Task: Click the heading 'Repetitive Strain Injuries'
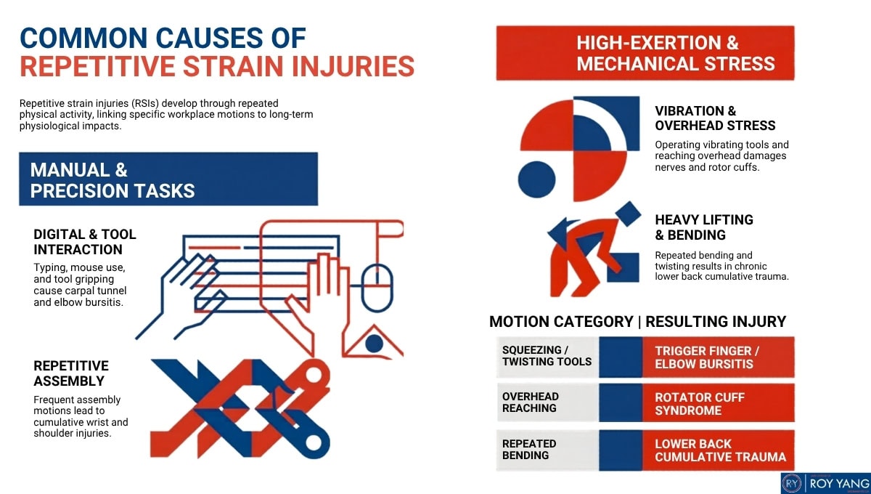[x=217, y=65]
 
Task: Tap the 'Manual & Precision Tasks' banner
[x=168, y=179]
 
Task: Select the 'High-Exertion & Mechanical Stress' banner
[x=645, y=53]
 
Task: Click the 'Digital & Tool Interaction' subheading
[x=85, y=242]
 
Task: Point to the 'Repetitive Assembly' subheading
[x=71, y=373]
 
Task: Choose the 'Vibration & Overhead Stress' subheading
[x=704, y=118]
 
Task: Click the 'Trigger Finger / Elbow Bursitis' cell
[x=718, y=357]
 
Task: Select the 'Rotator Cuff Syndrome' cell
[x=718, y=403]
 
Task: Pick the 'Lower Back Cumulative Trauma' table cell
[x=718, y=450]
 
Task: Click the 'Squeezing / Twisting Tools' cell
[x=547, y=356]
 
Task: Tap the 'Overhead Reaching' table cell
[x=547, y=402]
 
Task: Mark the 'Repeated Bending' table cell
[x=547, y=449]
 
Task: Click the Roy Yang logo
[x=823, y=482]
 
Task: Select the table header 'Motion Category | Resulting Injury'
[x=637, y=321]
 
